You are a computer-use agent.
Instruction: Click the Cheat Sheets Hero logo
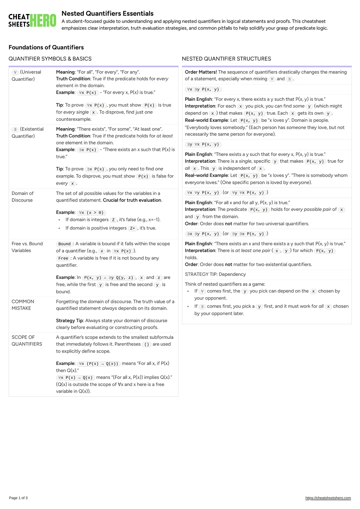click(x=32, y=20)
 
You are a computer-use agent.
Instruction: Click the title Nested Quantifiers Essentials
click(x=107, y=13)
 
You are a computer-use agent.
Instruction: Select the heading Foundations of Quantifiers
click(x=46, y=47)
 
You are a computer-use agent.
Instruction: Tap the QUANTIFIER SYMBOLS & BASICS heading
click(x=50, y=59)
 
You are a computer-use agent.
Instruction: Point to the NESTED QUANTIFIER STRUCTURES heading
click(x=226, y=59)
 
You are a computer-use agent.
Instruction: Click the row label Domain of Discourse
click(x=22, y=197)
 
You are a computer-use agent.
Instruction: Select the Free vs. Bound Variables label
click(x=27, y=247)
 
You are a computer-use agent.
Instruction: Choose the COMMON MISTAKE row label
click(x=23, y=305)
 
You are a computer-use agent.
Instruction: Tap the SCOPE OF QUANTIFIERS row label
click(x=27, y=341)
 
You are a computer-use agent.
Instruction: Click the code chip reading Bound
click(x=64, y=244)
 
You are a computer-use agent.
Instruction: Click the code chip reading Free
click(x=63, y=258)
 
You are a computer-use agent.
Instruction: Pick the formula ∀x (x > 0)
click(x=91, y=212)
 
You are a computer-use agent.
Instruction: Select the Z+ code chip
click(x=133, y=228)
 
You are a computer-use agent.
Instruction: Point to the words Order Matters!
click(x=201, y=72)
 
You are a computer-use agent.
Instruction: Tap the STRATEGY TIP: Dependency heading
click(x=215, y=274)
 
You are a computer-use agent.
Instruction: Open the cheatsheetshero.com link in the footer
click(x=328, y=498)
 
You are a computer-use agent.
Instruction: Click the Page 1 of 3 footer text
click(x=18, y=498)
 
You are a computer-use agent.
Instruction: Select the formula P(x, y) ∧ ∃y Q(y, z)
click(x=109, y=278)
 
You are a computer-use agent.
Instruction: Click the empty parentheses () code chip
click(x=147, y=344)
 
